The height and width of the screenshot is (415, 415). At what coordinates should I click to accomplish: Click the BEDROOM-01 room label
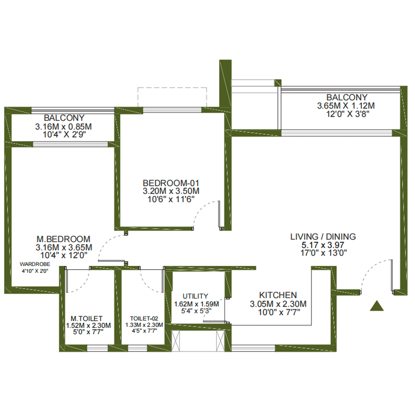[x=171, y=183]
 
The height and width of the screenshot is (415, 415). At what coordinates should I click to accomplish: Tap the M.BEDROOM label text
[x=63, y=239]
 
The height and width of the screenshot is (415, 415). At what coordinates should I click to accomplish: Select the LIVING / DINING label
[x=323, y=236]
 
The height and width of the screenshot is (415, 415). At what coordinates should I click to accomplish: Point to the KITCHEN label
[x=278, y=295]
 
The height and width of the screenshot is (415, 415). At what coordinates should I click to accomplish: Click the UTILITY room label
[x=195, y=296]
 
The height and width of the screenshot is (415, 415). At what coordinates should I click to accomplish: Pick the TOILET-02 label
[x=144, y=319]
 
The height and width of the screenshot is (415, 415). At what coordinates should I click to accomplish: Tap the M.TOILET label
[x=86, y=319]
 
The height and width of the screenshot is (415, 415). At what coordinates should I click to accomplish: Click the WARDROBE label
[x=35, y=264]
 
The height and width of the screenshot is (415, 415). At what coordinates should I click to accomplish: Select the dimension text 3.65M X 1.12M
[x=346, y=106]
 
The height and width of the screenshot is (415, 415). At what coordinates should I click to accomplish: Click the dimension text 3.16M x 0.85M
[x=63, y=126]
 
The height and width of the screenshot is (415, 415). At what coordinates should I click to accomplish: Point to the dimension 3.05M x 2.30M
[x=278, y=304]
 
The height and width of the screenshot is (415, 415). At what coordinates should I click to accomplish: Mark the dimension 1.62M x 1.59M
[x=196, y=304]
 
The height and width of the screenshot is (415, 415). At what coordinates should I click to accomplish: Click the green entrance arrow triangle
[x=377, y=306]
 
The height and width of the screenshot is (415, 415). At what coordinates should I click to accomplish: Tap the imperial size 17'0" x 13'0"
[x=324, y=253]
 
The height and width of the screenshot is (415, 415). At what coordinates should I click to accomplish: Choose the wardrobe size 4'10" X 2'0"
[x=35, y=271]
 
